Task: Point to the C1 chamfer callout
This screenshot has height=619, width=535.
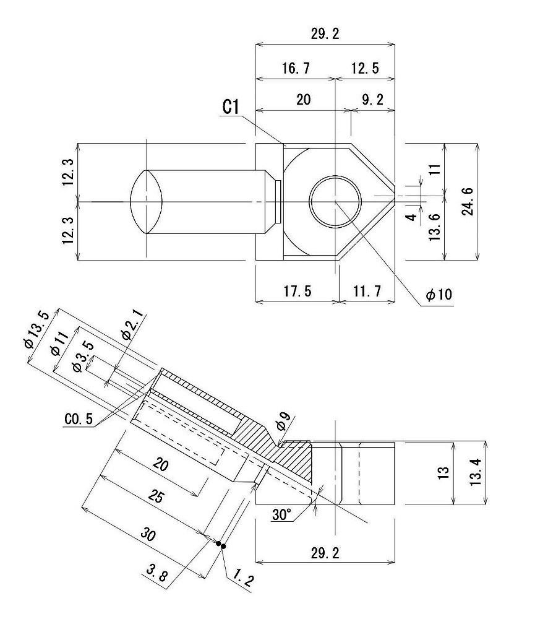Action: pyautogui.click(x=231, y=107)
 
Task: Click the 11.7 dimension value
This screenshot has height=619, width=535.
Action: pyautogui.click(x=367, y=292)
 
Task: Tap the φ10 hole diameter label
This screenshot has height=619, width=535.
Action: pyautogui.click(x=440, y=296)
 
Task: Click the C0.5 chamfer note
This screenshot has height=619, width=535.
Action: pyautogui.click(x=79, y=419)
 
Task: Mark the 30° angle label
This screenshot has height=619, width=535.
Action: pyautogui.click(x=282, y=513)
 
